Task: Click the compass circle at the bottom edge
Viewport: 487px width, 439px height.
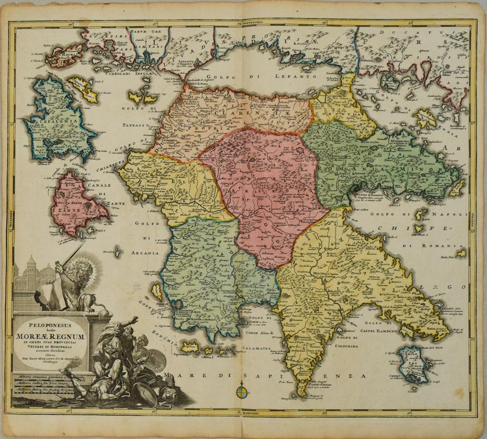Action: pos(242,391)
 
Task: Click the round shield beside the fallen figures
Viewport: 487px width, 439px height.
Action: pos(155,360)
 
